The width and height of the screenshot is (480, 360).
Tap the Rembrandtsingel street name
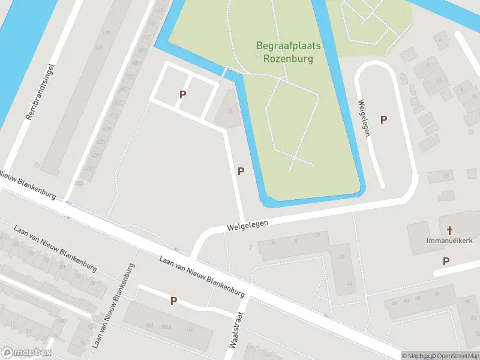tap(41, 91)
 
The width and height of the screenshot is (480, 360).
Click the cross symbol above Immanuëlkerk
tap(450, 230)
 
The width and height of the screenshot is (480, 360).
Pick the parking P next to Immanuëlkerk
tap(446, 261)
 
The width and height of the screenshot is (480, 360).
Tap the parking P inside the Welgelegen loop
tap(383, 119)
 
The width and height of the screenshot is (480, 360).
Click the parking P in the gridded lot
tap(182, 94)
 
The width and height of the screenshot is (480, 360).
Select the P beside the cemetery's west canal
tap(241, 171)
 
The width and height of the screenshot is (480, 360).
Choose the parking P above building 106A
tap(173, 301)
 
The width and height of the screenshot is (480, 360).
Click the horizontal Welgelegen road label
tap(247, 224)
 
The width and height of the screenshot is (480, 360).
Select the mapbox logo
tap(26, 353)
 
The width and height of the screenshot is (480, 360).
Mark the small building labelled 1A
tap(229, 110)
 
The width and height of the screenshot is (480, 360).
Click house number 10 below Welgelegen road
tap(341, 257)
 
